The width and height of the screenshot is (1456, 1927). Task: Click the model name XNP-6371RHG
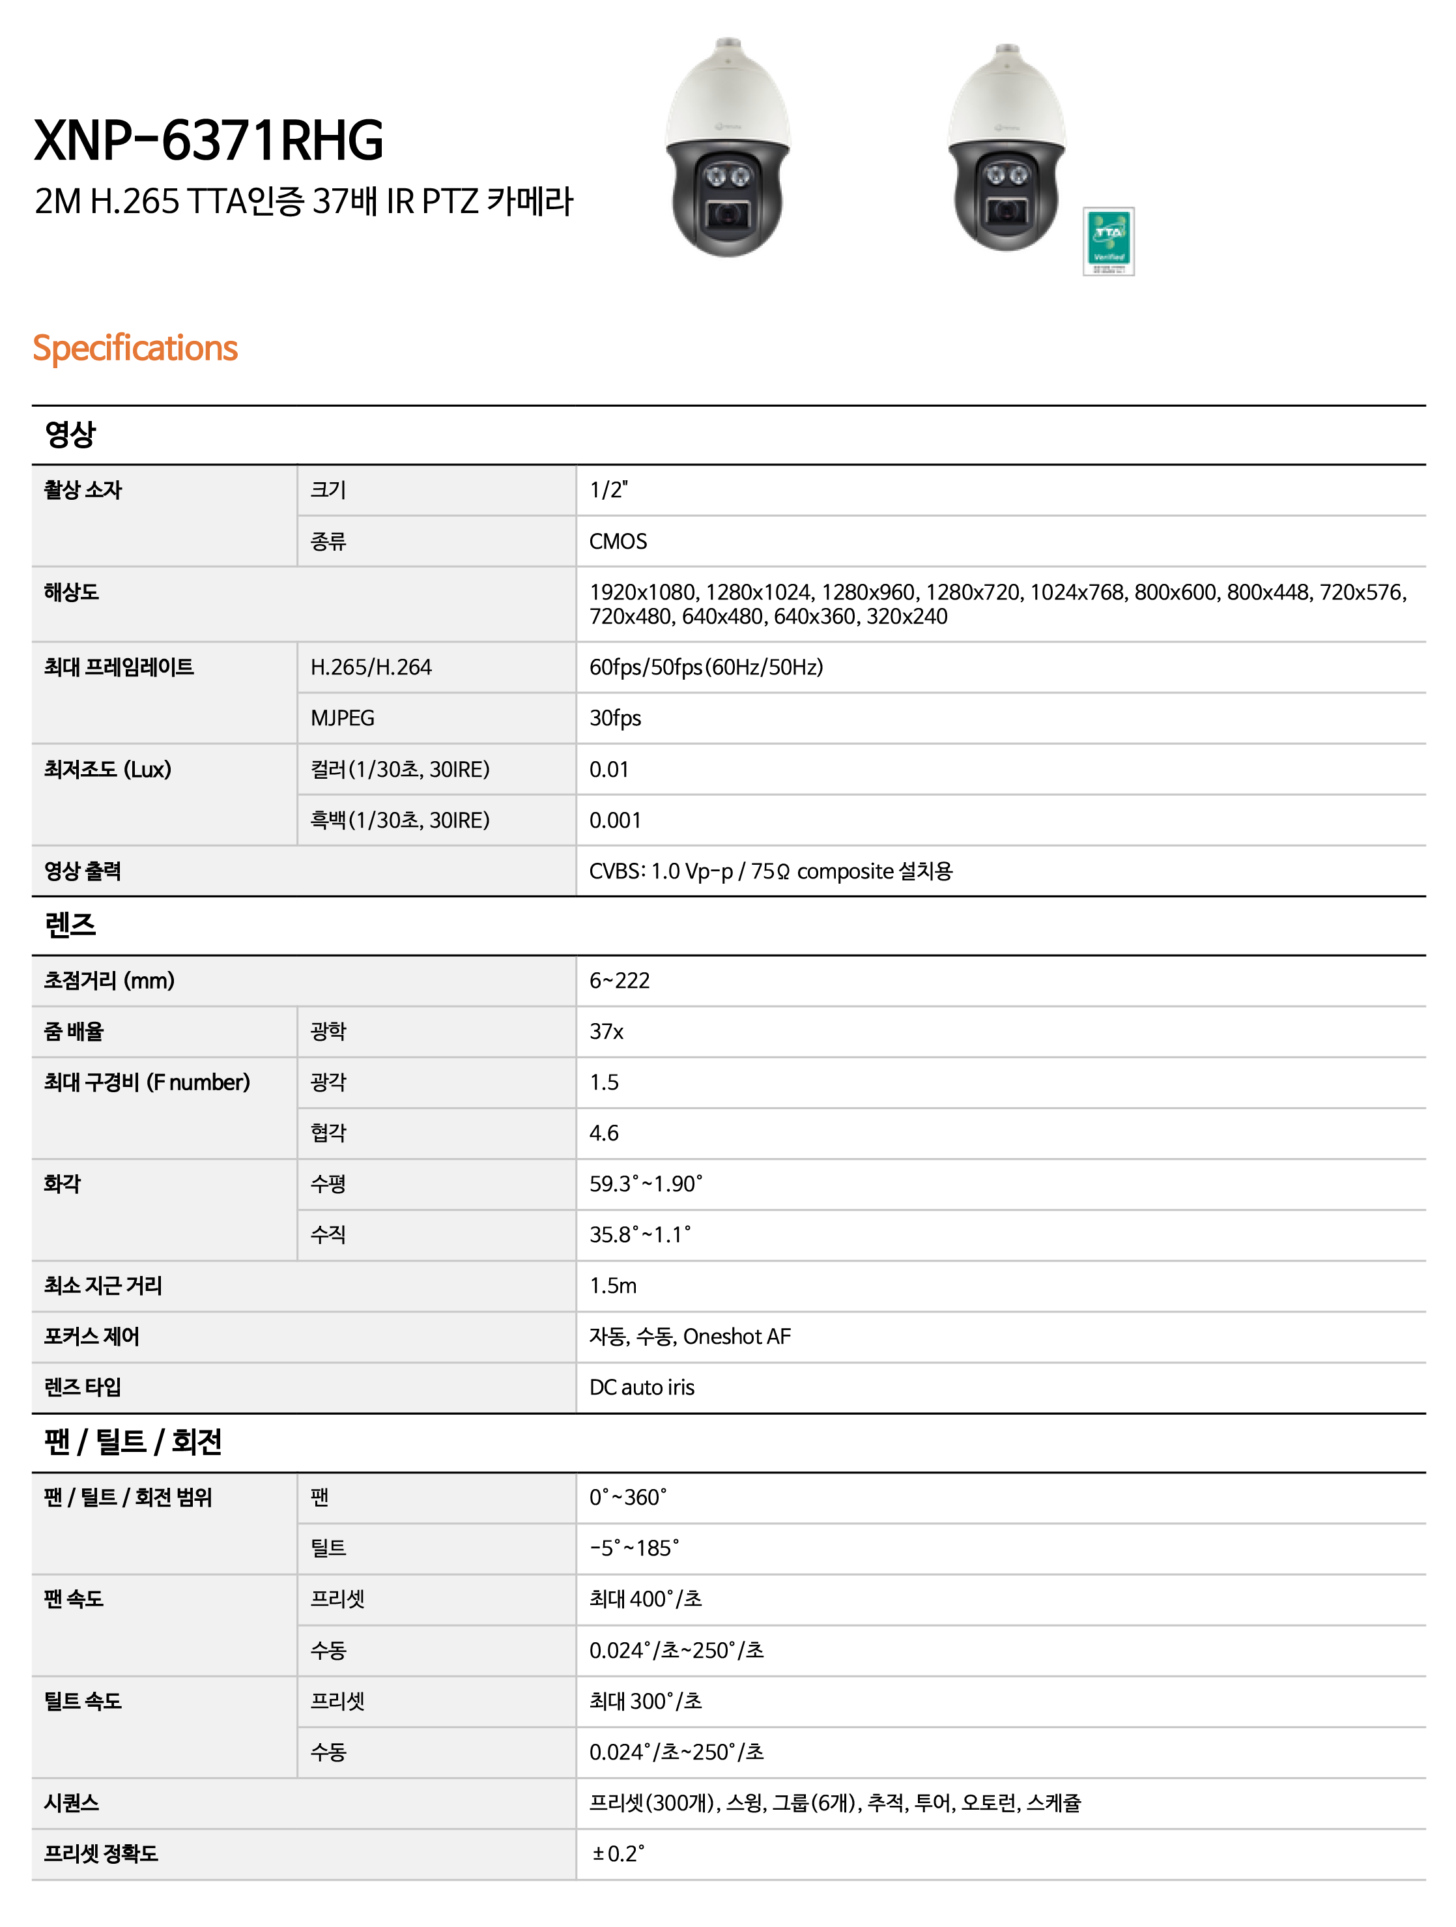click(x=209, y=141)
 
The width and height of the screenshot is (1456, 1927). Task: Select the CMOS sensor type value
click(x=618, y=541)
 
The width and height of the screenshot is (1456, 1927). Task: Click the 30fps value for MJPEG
click(x=615, y=718)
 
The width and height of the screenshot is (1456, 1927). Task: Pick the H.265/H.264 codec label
click(x=371, y=667)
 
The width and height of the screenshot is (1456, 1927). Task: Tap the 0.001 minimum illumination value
click(x=615, y=820)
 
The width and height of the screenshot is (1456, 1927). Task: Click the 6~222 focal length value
click(x=619, y=980)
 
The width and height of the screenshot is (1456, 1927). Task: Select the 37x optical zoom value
click(x=606, y=1032)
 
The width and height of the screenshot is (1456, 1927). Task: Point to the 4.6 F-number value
click(x=603, y=1133)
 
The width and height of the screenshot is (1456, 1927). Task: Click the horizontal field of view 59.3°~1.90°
click(x=646, y=1184)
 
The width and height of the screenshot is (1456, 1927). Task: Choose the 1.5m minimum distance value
click(x=612, y=1285)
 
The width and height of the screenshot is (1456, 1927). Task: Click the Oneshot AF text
click(x=737, y=1337)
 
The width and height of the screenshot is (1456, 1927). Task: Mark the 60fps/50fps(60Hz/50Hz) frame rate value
click(x=706, y=667)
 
